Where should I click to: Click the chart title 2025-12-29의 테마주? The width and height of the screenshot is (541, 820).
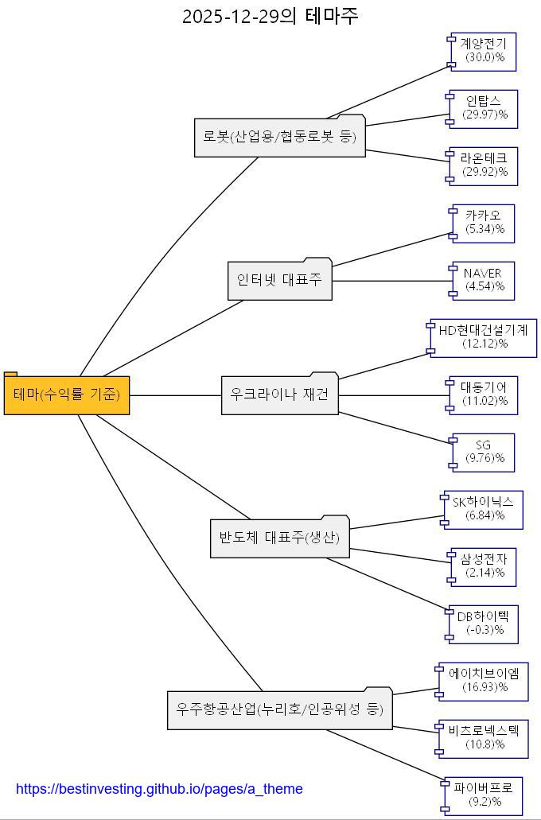pyautogui.click(x=270, y=16)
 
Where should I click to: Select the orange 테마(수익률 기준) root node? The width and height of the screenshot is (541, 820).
pyautogui.click(x=67, y=394)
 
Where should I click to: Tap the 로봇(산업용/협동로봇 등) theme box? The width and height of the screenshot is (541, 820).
pyautogui.click(x=280, y=137)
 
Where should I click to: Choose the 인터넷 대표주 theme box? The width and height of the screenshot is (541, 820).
pyautogui.click(x=279, y=280)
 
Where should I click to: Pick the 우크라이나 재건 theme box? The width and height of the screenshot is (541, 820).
pyautogui.click(x=279, y=394)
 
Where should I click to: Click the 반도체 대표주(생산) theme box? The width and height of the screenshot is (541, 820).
pyautogui.click(x=279, y=538)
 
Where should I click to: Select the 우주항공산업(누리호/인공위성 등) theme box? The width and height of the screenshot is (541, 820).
pyautogui.click(x=280, y=709)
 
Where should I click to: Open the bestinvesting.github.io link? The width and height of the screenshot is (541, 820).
pyautogui.click(x=159, y=789)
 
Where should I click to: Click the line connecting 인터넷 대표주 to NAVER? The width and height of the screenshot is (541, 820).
pyautogui.click(x=390, y=280)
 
